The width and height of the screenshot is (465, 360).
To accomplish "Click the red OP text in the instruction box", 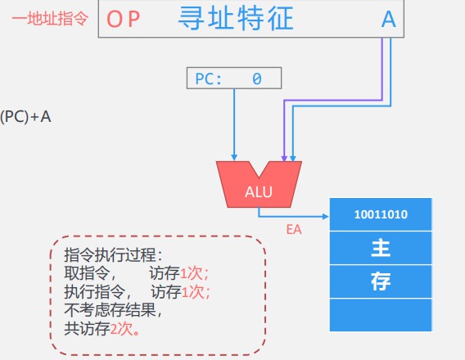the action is coord(123,20).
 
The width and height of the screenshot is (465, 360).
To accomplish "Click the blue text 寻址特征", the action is coord(236,19).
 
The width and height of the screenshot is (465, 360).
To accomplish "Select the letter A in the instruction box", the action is coord(389,20).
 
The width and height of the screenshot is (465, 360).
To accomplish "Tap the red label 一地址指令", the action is coord(50,18).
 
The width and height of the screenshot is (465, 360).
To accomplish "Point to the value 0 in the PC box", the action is coord(257,79).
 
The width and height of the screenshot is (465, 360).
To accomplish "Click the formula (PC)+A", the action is coord(25,117).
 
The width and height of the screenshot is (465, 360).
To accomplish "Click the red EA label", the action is coord(294,230).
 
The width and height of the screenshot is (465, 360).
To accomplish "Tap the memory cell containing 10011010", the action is coord(381,214).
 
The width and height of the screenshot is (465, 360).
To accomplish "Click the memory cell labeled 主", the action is coord(381,248).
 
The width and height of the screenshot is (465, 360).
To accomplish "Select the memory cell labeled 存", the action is coord(381,281).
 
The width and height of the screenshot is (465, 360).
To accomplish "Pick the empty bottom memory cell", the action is coord(381,315).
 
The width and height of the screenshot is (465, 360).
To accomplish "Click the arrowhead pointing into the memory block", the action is coord(326,217).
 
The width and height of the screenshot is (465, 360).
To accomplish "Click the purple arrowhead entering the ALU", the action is coord(284,158).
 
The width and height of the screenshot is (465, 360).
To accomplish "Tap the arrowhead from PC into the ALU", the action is coord(234,157).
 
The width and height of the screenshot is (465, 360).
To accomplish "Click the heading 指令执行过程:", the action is coord(113,254).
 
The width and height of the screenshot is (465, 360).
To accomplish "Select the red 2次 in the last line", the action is coord(124,329).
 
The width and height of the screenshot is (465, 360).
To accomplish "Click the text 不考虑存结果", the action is coord(113,310).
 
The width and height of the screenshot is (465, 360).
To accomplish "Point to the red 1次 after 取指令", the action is coord(194,273).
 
